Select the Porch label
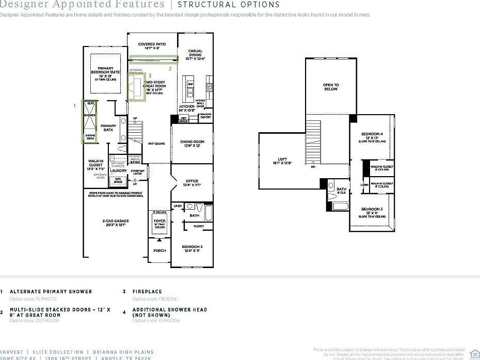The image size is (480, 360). (160, 251)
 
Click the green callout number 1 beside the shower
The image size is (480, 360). (75, 105)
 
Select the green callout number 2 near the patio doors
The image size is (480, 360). (170, 68)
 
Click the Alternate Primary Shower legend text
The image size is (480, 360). (51, 292)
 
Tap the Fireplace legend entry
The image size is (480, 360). (147, 292)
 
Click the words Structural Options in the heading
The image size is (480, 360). (229, 5)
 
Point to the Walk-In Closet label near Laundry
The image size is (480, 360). (95, 163)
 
